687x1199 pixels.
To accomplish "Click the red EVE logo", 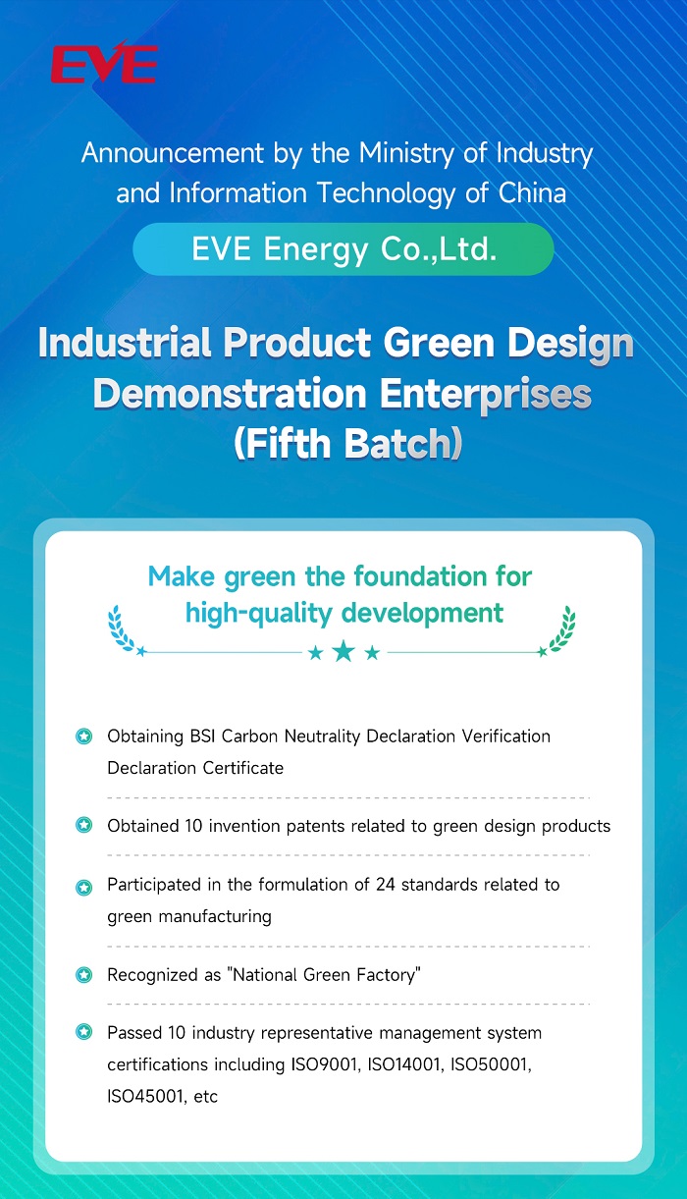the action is click(x=104, y=62).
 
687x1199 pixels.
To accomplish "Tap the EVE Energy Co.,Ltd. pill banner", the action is click(x=343, y=249).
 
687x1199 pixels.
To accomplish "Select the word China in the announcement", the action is click(x=532, y=193).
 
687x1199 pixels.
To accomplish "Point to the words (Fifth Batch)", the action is click(x=347, y=443).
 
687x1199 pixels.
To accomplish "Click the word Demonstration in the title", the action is click(x=230, y=394).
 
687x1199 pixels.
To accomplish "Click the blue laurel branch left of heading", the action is click(x=121, y=628).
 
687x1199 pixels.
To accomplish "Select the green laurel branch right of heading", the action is click(x=561, y=628).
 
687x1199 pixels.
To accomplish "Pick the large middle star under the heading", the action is click(x=343, y=651).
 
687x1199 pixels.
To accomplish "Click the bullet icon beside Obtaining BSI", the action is click(x=84, y=736).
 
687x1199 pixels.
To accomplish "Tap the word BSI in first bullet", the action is click(x=203, y=736).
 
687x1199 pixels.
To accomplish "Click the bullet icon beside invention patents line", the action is click(x=84, y=825).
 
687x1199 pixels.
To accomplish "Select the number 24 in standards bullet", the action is click(x=386, y=885).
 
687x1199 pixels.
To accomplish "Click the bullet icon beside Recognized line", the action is click(x=84, y=975).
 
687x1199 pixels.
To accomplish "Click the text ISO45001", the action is click(x=145, y=1097).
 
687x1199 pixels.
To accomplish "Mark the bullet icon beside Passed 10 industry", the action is click(x=84, y=1031).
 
